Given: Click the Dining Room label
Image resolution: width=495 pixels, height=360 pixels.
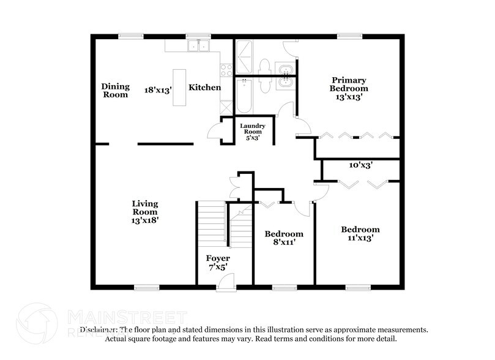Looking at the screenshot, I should click(115, 91).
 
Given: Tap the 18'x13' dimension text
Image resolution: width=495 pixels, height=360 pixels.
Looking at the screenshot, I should click(158, 89).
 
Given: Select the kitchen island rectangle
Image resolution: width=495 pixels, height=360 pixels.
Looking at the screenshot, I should click(179, 88).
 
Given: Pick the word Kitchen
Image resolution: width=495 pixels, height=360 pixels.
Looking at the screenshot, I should click(204, 88).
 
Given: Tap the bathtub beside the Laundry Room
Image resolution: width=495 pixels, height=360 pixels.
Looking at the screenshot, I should click(244, 96).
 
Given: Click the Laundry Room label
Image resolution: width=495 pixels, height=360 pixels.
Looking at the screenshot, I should click(252, 131).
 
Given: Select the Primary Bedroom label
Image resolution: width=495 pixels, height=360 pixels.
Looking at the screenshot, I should click(349, 88).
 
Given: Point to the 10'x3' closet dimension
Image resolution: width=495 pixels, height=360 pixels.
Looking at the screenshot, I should click(360, 165).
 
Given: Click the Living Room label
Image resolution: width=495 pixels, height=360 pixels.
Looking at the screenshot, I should click(146, 211).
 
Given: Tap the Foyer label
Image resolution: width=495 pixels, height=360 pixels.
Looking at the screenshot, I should click(218, 263).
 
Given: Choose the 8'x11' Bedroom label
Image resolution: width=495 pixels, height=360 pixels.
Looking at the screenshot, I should click(283, 238).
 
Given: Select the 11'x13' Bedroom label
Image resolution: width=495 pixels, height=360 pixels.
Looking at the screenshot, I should click(360, 234).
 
